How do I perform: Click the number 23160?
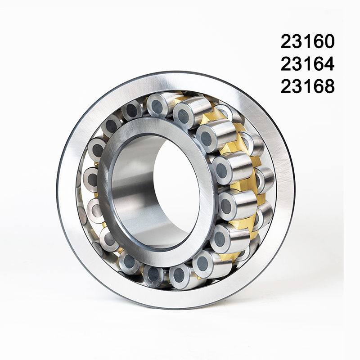[x=308, y=42]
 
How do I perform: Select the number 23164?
[x=308, y=64]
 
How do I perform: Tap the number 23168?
[x=308, y=86]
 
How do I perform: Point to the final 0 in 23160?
[x=329, y=42]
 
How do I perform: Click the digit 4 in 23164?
[x=329, y=64]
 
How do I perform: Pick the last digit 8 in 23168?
[x=329, y=86]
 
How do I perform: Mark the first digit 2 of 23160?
[x=287, y=42]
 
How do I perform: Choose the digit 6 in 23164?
[x=319, y=64]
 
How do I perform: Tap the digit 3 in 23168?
[x=297, y=86]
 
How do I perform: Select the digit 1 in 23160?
[x=308, y=42]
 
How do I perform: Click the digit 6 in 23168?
[x=319, y=86]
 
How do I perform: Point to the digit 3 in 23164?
[x=297, y=64]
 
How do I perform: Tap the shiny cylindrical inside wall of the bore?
[x=130, y=189]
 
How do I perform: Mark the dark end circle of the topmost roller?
[x=157, y=107]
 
